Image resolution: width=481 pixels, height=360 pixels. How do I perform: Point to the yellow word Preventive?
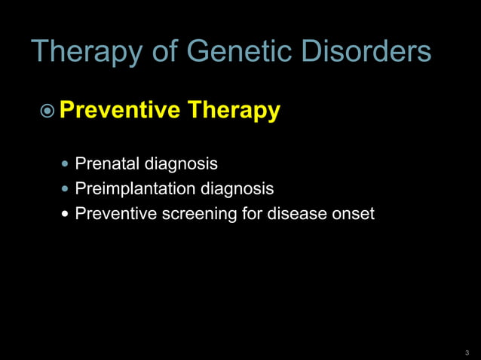(x=120, y=111)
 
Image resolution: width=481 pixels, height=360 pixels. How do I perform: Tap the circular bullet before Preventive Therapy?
(x=47, y=111)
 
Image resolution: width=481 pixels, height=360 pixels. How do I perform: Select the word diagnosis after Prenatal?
(x=180, y=163)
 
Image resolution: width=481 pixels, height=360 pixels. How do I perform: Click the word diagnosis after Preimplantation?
(x=236, y=189)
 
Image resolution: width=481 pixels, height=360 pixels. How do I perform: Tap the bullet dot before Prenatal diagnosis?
(x=66, y=163)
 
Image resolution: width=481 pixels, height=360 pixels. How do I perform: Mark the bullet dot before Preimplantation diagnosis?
(x=66, y=189)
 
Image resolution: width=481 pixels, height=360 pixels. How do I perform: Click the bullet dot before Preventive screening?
(x=66, y=214)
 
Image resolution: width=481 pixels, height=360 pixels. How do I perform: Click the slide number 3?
(x=467, y=352)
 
